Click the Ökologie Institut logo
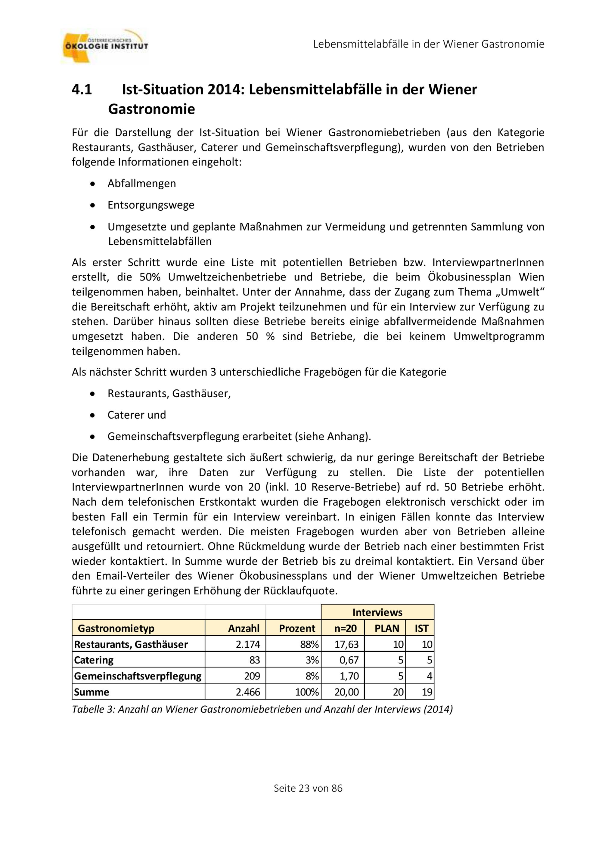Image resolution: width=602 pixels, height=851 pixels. click(104, 46)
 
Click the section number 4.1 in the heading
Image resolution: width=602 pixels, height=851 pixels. click(82, 89)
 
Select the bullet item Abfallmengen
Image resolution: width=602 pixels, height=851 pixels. click(141, 184)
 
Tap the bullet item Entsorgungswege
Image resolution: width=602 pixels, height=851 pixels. click(151, 205)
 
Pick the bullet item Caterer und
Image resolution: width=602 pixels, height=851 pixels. click(137, 415)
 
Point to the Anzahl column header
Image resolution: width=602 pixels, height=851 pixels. click(244, 628)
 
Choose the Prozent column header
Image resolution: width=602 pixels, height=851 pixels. click(296, 628)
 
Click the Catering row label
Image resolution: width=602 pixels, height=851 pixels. click(94, 660)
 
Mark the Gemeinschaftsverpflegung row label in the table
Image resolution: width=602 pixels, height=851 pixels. click(138, 676)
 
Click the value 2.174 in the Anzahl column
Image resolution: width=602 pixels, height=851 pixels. click(248, 644)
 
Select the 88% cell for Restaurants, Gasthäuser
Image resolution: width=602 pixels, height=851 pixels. click(309, 644)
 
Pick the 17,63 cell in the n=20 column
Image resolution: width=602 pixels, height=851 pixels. click(346, 644)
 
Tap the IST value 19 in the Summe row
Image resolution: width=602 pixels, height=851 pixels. click(427, 692)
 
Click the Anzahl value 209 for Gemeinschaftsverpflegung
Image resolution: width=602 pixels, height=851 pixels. click(252, 676)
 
